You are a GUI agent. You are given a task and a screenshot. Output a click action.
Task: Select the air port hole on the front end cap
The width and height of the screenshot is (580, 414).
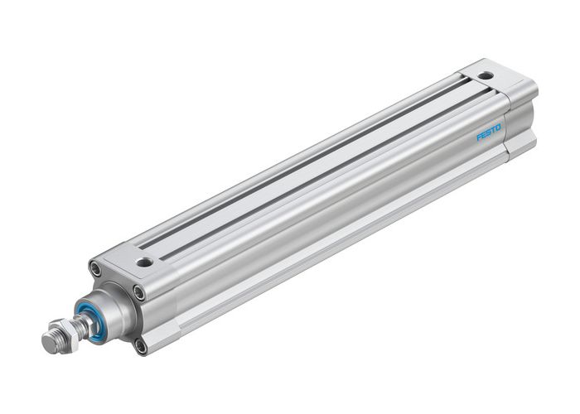pyautogui.click(x=145, y=262)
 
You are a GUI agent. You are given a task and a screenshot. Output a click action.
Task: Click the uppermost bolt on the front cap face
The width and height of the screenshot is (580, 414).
pyautogui.click(x=98, y=269)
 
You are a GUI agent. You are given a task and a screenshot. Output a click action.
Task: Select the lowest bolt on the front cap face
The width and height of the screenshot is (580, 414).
pyautogui.click(x=142, y=344)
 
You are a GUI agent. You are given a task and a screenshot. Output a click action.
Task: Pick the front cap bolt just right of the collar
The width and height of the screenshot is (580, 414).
pyautogui.click(x=138, y=291)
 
